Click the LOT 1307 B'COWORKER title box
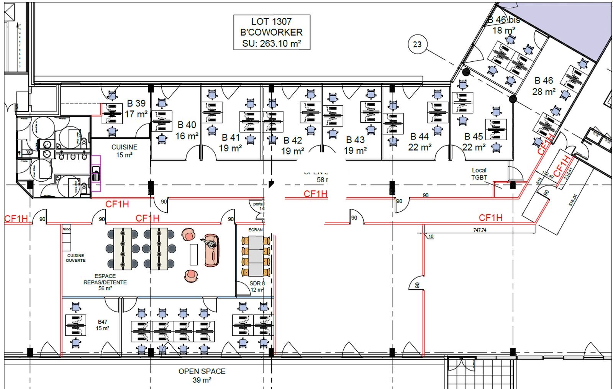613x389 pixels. tap(272, 33)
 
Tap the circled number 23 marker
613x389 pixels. tap(417, 44)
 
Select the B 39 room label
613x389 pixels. tap(136, 109)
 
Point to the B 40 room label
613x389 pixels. tap(187, 130)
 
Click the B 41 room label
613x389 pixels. tap(230, 143)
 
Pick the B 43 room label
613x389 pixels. tap(355, 145)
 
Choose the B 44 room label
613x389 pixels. tap(420, 142)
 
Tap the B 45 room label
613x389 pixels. tap(474, 142)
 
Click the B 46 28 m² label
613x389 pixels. tap(544, 86)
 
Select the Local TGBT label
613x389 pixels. tap(479, 174)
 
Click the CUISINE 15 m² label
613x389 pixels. tap(125, 151)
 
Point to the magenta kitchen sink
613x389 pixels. tap(96, 173)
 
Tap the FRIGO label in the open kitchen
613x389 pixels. tap(67, 229)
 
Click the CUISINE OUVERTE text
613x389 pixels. tap(75, 258)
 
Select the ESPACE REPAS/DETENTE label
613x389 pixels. tap(105, 282)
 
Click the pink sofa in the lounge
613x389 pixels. tap(211, 250)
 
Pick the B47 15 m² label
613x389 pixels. tap(102, 325)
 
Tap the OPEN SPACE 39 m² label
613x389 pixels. tap(202, 376)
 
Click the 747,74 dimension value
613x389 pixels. tap(480, 230)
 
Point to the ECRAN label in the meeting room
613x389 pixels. tap(256, 230)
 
